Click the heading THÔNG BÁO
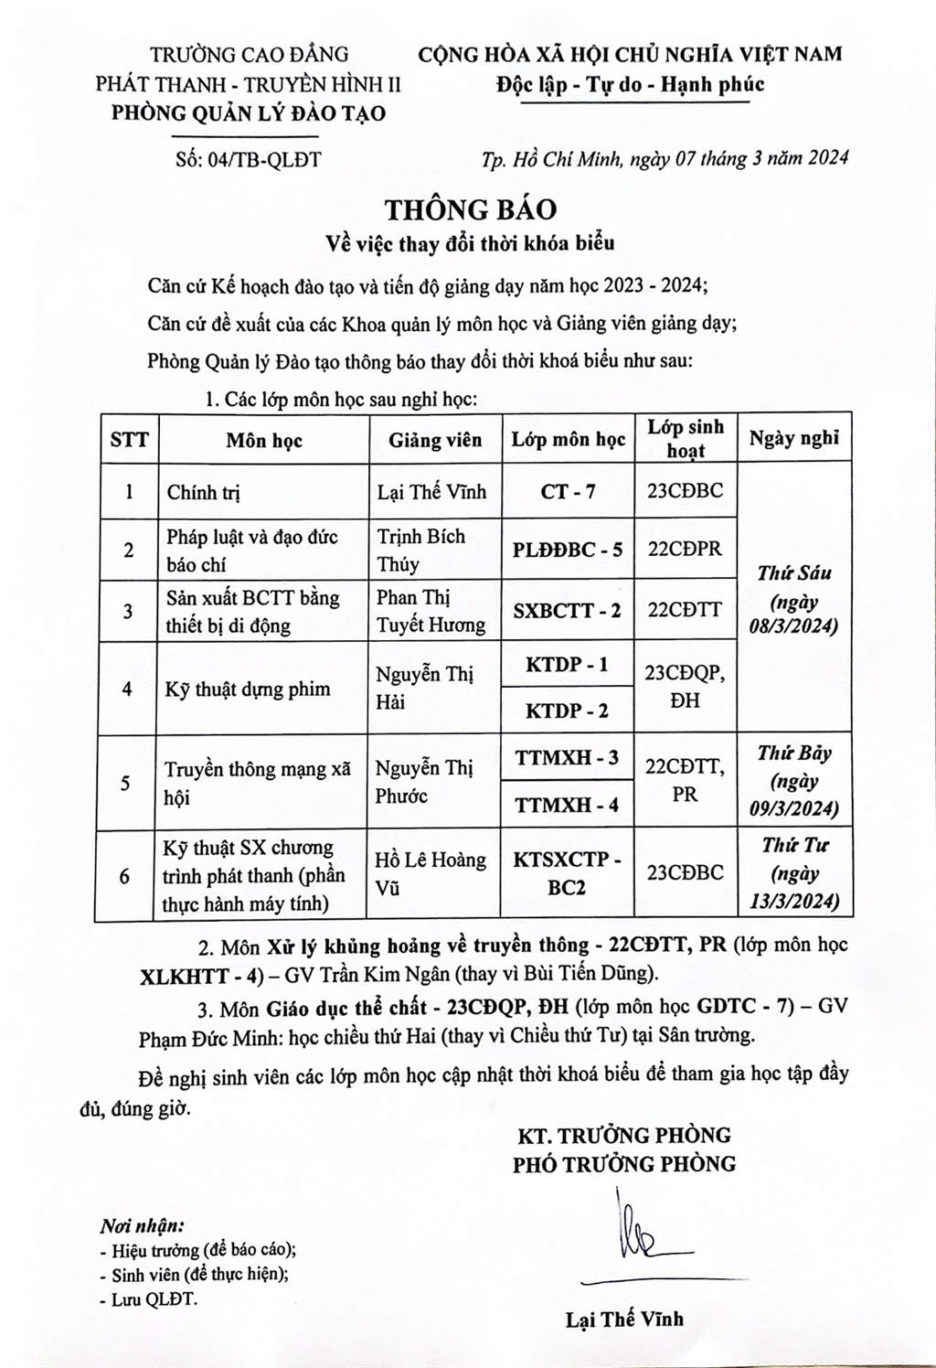pyautogui.click(x=470, y=209)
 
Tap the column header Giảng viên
pyautogui.click(x=435, y=440)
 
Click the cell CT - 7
pyautogui.click(x=568, y=491)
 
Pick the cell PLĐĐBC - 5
pyautogui.click(x=568, y=550)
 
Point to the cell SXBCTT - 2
pyautogui.click(x=568, y=610)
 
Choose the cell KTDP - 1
pyautogui.click(x=568, y=665)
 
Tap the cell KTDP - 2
pyautogui.click(x=568, y=711)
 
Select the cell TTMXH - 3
pyautogui.click(x=568, y=757)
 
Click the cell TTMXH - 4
pyautogui.click(x=568, y=805)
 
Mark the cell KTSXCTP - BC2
pyautogui.click(x=568, y=873)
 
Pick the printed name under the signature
pyautogui.click(x=624, y=1319)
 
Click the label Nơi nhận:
pyautogui.click(x=142, y=1225)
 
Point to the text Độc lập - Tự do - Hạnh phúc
pyautogui.click(x=631, y=85)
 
